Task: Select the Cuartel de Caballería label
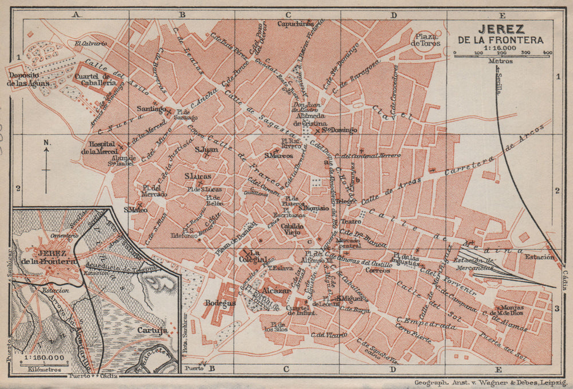click(100, 80)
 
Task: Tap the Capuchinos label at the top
click(295, 24)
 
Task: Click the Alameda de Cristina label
click(310, 120)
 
